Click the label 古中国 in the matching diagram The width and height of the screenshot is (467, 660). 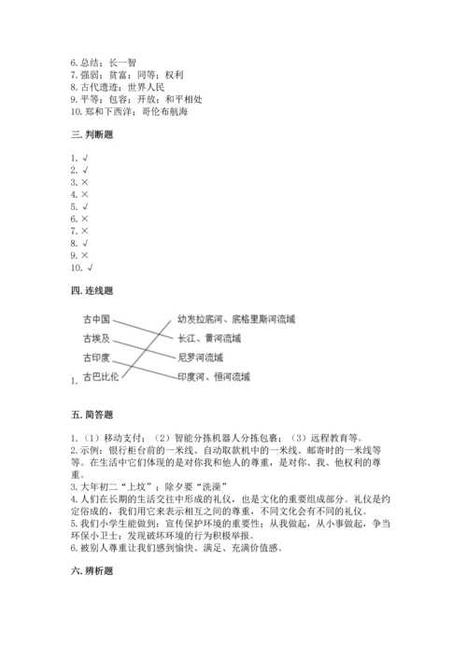click(97, 319)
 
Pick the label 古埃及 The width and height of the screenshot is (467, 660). click(97, 338)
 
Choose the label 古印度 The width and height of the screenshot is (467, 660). click(97, 358)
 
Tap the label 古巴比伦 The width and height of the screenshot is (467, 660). click(102, 377)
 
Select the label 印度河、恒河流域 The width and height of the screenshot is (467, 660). click(212, 377)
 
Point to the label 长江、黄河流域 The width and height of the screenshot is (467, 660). click(205, 338)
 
